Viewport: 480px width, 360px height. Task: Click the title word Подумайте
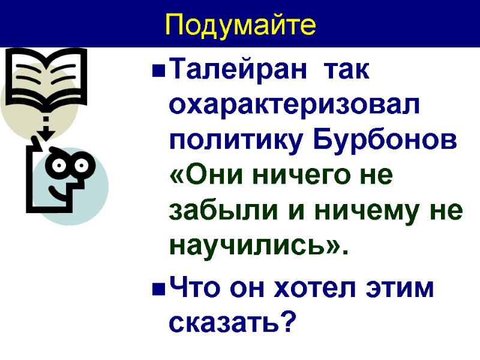click(239, 25)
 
